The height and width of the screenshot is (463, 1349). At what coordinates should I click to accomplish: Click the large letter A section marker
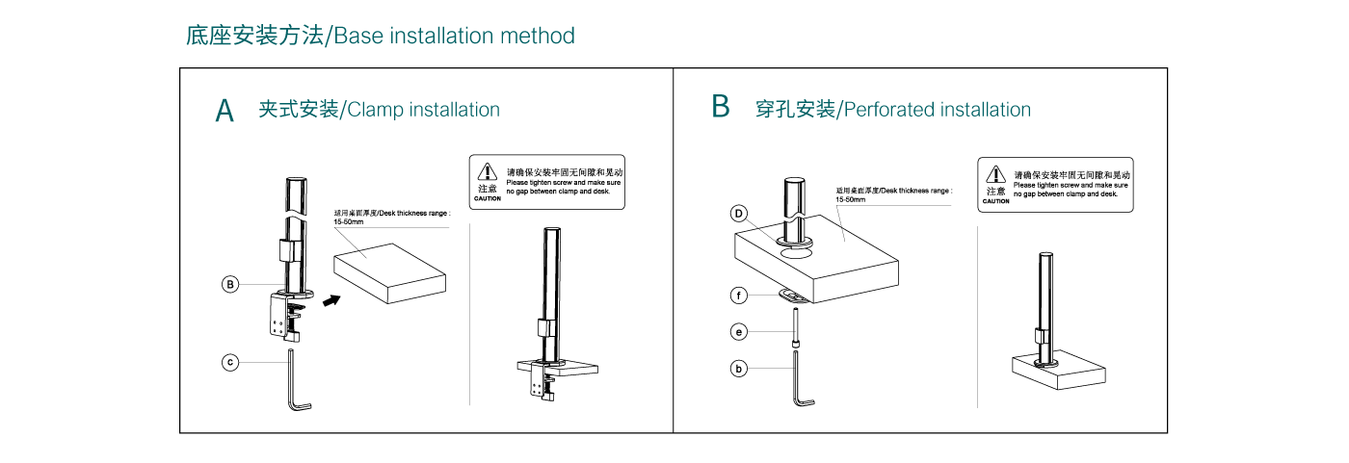225,111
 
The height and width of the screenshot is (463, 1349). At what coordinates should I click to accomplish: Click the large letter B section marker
721,106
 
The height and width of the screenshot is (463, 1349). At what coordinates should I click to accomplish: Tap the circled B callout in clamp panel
230,284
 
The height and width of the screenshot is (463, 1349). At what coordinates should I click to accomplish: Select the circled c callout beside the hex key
230,362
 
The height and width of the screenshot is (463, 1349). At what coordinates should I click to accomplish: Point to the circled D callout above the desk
739,213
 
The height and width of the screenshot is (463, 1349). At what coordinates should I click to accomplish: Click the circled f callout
739,296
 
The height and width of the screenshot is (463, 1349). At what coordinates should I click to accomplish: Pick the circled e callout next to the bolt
739,332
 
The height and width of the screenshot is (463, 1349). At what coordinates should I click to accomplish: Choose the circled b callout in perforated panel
739,368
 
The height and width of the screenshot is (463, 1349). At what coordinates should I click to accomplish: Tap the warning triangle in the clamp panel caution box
488,171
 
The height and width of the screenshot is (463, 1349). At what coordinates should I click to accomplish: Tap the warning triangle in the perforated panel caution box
995,174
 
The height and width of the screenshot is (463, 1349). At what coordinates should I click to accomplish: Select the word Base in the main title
358,37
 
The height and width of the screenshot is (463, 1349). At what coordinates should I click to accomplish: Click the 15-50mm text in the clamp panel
348,222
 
